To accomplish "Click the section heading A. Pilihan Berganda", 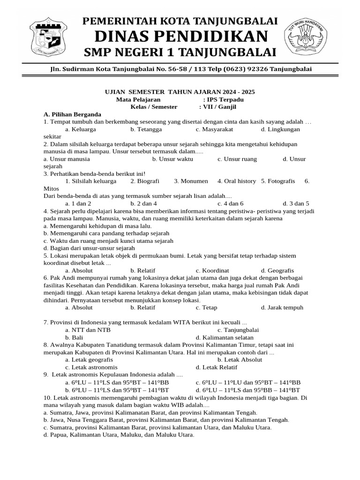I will (72, 114).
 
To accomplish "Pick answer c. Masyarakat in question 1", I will (214, 129).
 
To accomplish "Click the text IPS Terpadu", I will (225, 99).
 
